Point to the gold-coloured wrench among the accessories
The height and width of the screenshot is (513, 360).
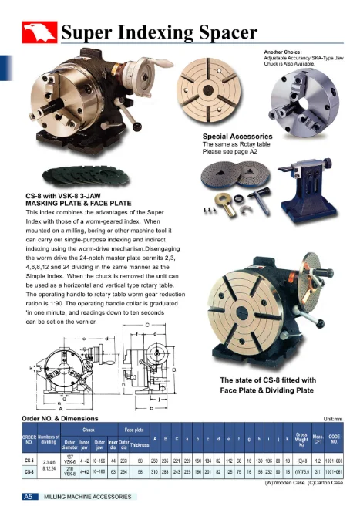(x=228, y=204)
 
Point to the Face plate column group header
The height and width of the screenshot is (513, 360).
(x=124, y=429)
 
